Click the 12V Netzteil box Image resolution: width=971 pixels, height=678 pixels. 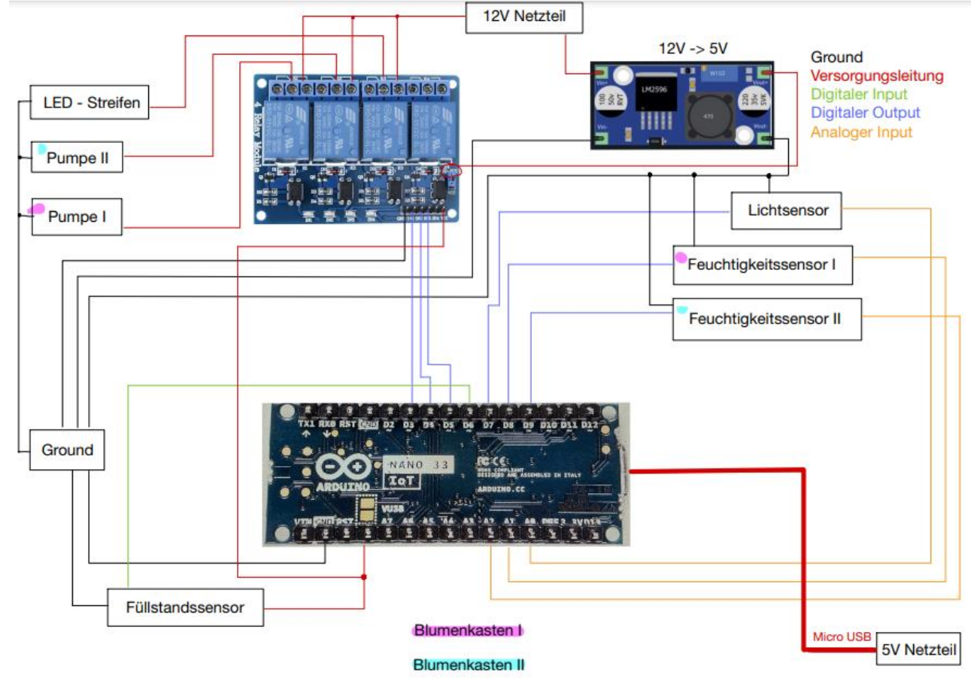coord(524,17)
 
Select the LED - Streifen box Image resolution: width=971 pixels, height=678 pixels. coord(90,103)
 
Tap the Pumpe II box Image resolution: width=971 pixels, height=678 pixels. coord(77,157)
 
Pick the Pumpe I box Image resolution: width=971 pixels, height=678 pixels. coord(77,216)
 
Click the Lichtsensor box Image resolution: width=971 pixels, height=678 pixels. coord(786,210)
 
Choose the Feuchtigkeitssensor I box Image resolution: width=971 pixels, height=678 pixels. coord(763,265)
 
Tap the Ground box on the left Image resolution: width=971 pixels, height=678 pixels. coord(68,450)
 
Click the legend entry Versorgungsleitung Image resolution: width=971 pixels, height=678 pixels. coord(875,76)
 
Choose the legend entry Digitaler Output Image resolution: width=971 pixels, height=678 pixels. coord(865,114)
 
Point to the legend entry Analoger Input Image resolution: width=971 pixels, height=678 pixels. coord(861,132)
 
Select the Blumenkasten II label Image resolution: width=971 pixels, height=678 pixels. coord(469,665)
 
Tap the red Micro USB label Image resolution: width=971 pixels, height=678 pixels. coord(841,637)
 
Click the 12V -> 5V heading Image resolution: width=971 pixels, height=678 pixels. coord(693,49)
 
